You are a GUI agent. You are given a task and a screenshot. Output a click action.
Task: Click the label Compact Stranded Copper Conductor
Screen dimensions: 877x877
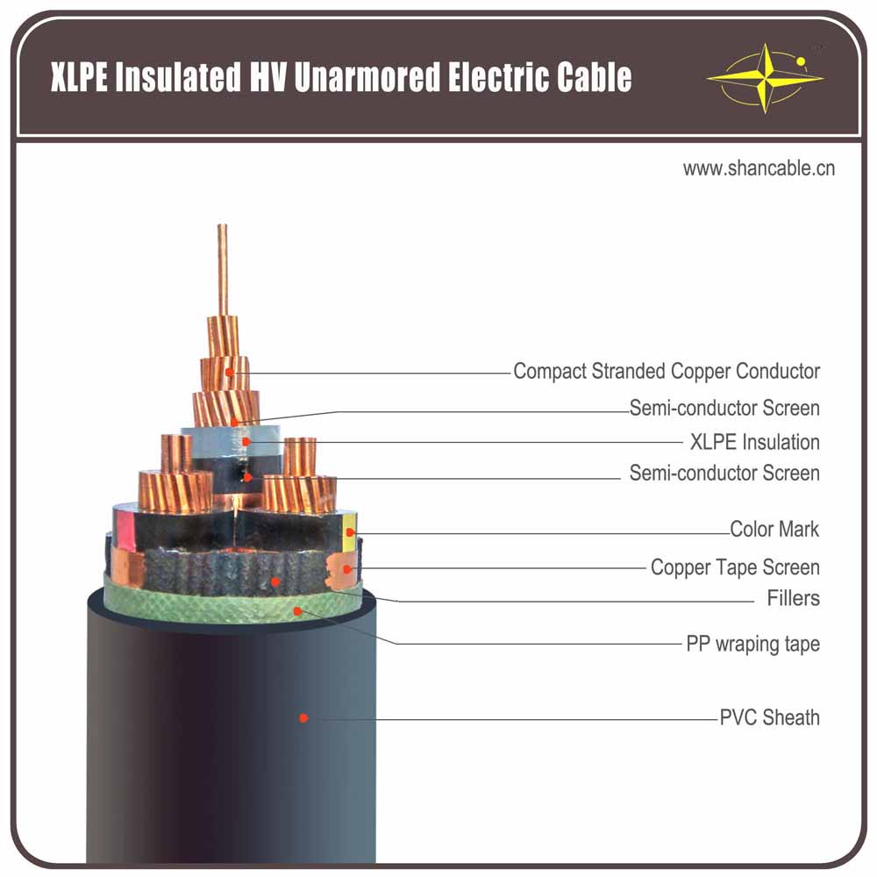(x=667, y=371)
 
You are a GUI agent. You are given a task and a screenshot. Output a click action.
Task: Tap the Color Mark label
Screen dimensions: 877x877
(x=774, y=530)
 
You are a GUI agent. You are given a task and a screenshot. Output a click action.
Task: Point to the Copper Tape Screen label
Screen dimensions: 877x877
(x=735, y=567)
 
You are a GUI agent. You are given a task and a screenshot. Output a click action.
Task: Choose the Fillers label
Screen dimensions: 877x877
(x=793, y=599)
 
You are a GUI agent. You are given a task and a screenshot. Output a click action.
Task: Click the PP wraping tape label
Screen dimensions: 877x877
(x=752, y=644)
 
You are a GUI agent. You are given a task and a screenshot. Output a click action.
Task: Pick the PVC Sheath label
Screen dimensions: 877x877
(x=769, y=717)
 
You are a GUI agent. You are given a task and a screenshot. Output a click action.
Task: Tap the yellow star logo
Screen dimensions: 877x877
(x=765, y=76)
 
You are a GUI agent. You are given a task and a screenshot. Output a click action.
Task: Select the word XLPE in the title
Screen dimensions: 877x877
(x=80, y=77)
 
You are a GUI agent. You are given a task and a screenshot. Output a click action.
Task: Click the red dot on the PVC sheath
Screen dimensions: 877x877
(x=303, y=717)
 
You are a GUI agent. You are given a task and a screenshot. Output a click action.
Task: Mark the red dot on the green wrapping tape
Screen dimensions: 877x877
(x=298, y=610)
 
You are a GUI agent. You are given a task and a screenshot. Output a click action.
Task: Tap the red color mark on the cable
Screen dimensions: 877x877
(x=123, y=531)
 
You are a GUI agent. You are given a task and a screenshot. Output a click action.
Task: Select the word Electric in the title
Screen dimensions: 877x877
(x=497, y=77)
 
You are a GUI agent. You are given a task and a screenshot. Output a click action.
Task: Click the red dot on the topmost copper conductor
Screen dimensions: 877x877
(x=230, y=372)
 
